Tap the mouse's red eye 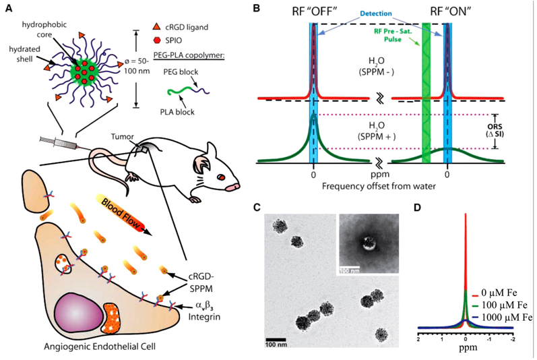tap(220, 177)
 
